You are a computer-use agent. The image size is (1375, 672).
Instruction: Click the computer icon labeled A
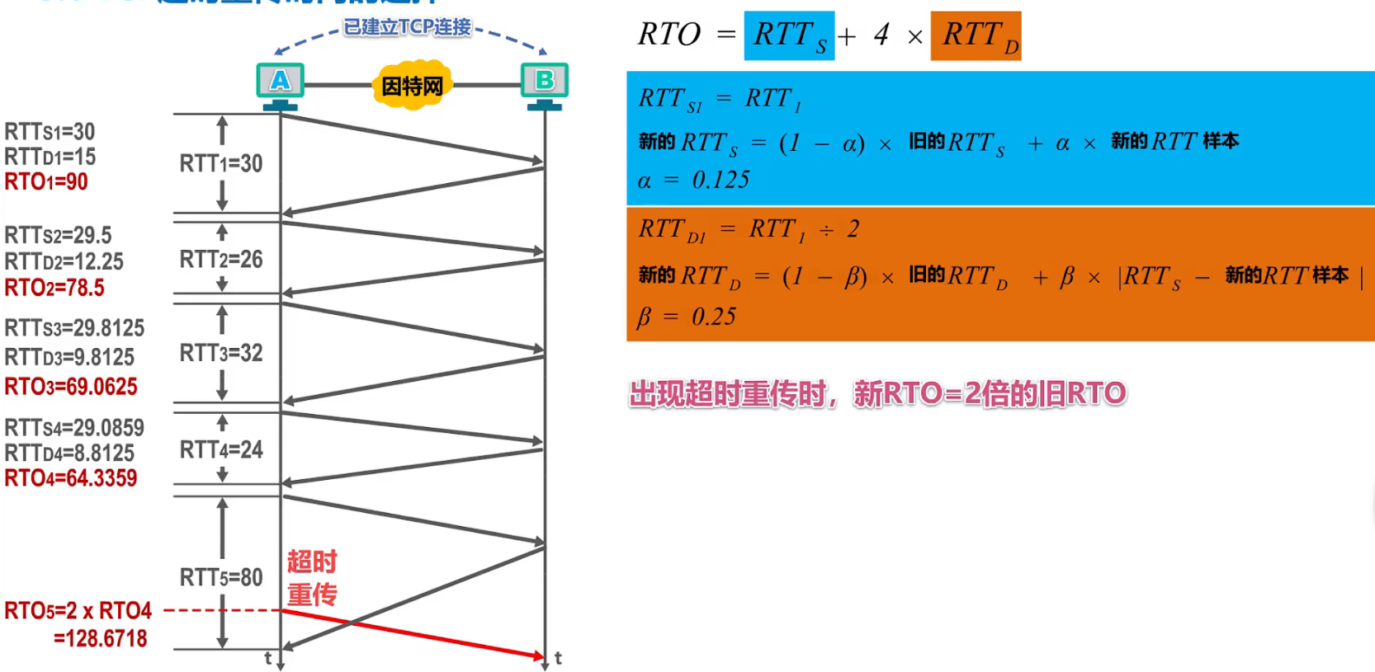[x=281, y=82]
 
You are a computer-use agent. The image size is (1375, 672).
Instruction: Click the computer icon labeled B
[x=545, y=82]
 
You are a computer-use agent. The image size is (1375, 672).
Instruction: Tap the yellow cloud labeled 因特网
[x=412, y=85]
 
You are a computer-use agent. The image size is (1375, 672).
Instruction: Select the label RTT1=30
[x=221, y=163]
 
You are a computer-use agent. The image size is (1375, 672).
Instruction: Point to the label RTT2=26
[x=221, y=260]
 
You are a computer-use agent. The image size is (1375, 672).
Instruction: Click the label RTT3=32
[x=221, y=353]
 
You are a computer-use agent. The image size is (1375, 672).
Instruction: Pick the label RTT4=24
[x=221, y=449]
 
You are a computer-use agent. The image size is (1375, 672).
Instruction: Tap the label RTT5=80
[x=221, y=577]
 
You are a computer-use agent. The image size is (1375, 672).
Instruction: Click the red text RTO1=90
[x=46, y=181]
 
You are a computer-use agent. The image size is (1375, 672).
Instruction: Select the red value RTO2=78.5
[x=54, y=288]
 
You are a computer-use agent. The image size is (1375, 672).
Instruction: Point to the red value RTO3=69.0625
[x=71, y=386]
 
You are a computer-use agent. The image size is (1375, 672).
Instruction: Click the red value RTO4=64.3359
[x=71, y=478]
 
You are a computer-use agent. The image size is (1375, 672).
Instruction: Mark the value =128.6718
[x=100, y=638]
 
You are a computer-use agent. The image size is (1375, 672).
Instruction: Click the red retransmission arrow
[x=413, y=633]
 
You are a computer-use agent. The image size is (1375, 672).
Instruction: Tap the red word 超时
[x=312, y=562]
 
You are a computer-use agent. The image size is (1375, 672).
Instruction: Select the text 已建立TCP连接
[x=407, y=27]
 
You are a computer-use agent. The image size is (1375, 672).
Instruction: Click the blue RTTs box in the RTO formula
[x=789, y=35]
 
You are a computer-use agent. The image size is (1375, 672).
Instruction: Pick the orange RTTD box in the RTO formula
[x=976, y=35]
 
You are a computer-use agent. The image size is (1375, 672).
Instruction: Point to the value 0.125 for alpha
[x=721, y=180]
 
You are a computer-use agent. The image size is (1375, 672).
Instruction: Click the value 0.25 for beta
[x=714, y=317]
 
